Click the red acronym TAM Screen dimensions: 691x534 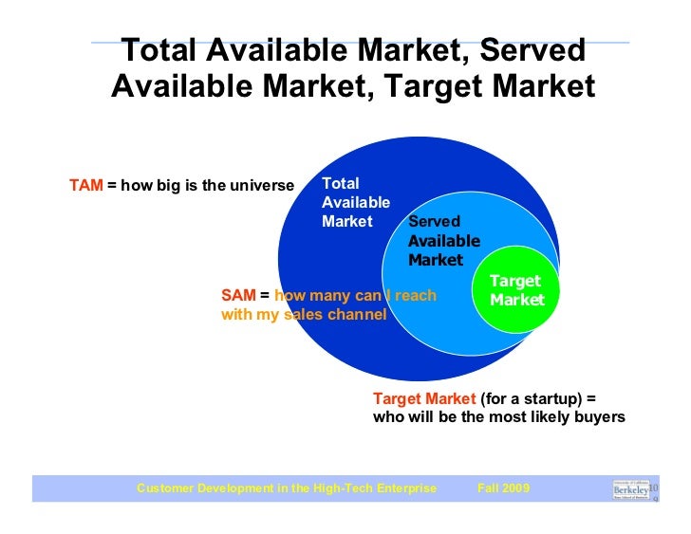(x=85, y=185)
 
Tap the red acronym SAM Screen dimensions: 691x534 (x=237, y=296)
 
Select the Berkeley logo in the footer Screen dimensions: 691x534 (x=631, y=489)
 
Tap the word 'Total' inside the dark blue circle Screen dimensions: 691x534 (x=341, y=183)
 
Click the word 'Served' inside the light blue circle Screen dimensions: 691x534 (x=434, y=222)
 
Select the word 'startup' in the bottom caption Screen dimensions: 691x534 (x=562, y=398)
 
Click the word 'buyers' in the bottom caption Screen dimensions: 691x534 (x=601, y=417)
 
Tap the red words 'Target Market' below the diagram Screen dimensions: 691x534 (x=424, y=398)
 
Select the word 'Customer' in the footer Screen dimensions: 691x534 (x=164, y=488)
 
